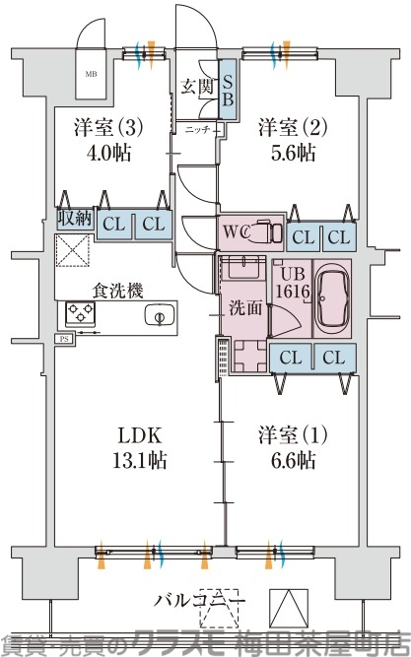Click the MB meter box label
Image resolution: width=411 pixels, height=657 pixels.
91,74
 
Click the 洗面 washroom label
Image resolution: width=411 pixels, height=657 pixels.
245,307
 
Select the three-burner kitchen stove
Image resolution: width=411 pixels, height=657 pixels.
79,314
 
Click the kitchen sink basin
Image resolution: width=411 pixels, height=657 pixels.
158,315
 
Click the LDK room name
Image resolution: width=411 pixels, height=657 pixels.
134,435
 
